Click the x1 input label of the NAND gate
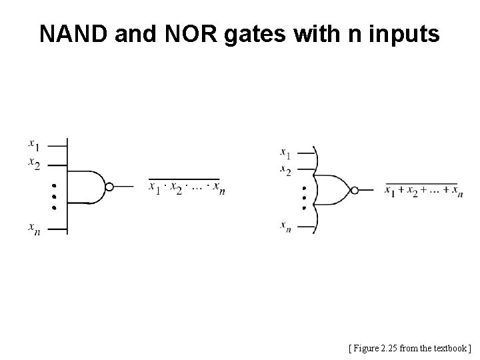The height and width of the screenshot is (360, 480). click(x=33, y=143)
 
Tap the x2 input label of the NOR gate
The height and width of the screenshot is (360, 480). click(x=285, y=170)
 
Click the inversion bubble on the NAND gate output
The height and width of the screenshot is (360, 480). click(x=110, y=187)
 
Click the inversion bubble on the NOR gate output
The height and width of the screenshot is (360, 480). click(x=355, y=190)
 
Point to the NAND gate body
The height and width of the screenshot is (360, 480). click(x=87, y=187)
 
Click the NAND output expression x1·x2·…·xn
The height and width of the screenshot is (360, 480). click(x=187, y=188)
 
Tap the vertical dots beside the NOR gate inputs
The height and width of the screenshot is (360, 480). click(x=303, y=198)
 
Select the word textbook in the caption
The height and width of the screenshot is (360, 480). click(x=451, y=347)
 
